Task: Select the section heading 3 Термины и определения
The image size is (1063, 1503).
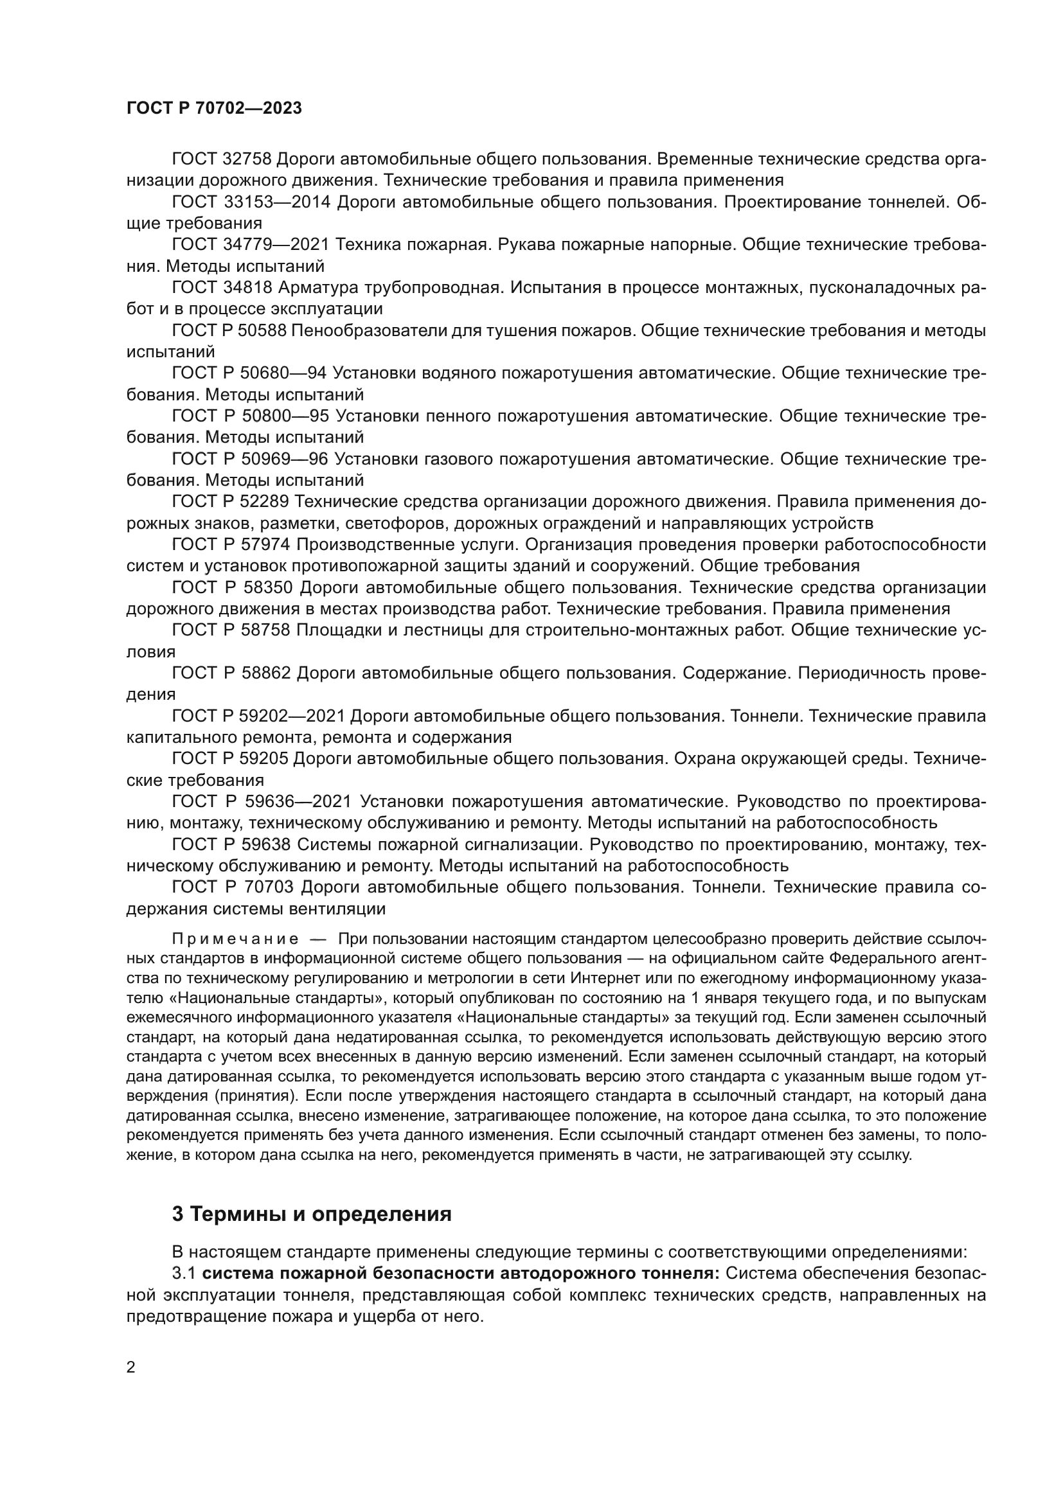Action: tap(312, 1214)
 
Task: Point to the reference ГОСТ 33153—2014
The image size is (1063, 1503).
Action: tap(251, 202)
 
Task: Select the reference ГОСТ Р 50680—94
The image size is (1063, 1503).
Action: tap(250, 373)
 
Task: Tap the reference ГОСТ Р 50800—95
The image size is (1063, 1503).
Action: tap(250, 416)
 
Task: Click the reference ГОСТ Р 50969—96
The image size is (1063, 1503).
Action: tap(250, 459)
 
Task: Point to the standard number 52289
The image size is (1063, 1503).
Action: tap(265, 502)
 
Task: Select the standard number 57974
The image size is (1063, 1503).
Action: tap(265, 545)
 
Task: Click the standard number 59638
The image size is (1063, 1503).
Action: tap(265, 844)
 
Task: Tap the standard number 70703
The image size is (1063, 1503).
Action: tap(265, 887)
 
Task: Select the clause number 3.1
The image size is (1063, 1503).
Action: tap(184, 1273)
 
